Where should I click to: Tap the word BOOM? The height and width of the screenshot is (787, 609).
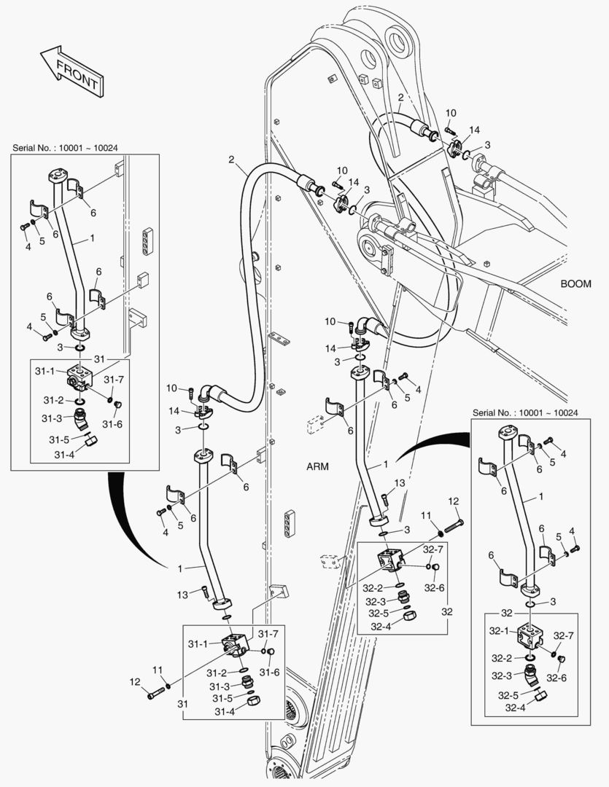click(576, 283)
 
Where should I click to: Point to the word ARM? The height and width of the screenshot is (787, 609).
click(319, 467)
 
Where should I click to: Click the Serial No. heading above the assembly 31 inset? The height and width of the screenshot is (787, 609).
click(65, 147)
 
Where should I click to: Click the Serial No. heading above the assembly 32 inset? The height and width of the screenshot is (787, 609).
click(525, 412)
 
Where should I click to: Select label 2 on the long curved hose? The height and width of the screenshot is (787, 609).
click(231, 160)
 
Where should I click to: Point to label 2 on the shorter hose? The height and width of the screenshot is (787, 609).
click(400, 97)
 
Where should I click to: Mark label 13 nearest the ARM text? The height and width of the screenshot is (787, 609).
click(399, 483)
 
